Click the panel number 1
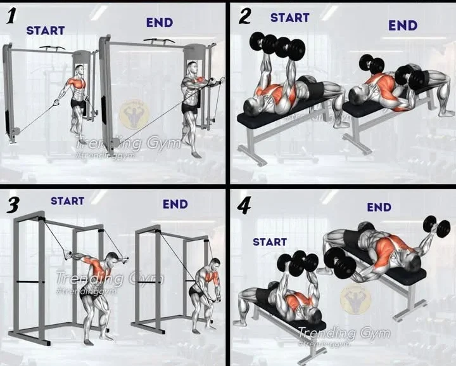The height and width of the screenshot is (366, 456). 11,17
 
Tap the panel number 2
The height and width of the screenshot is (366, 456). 244,17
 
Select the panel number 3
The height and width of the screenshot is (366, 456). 12,205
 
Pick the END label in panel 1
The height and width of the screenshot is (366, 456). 159,23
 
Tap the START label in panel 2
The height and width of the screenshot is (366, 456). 289,18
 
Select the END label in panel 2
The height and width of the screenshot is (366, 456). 403,25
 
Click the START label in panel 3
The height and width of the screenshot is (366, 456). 67,201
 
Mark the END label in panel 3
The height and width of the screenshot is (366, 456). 175,204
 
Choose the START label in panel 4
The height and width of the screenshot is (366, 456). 270,242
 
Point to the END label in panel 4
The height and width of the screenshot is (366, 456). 379,207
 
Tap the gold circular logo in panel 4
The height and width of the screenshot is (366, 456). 356,298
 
